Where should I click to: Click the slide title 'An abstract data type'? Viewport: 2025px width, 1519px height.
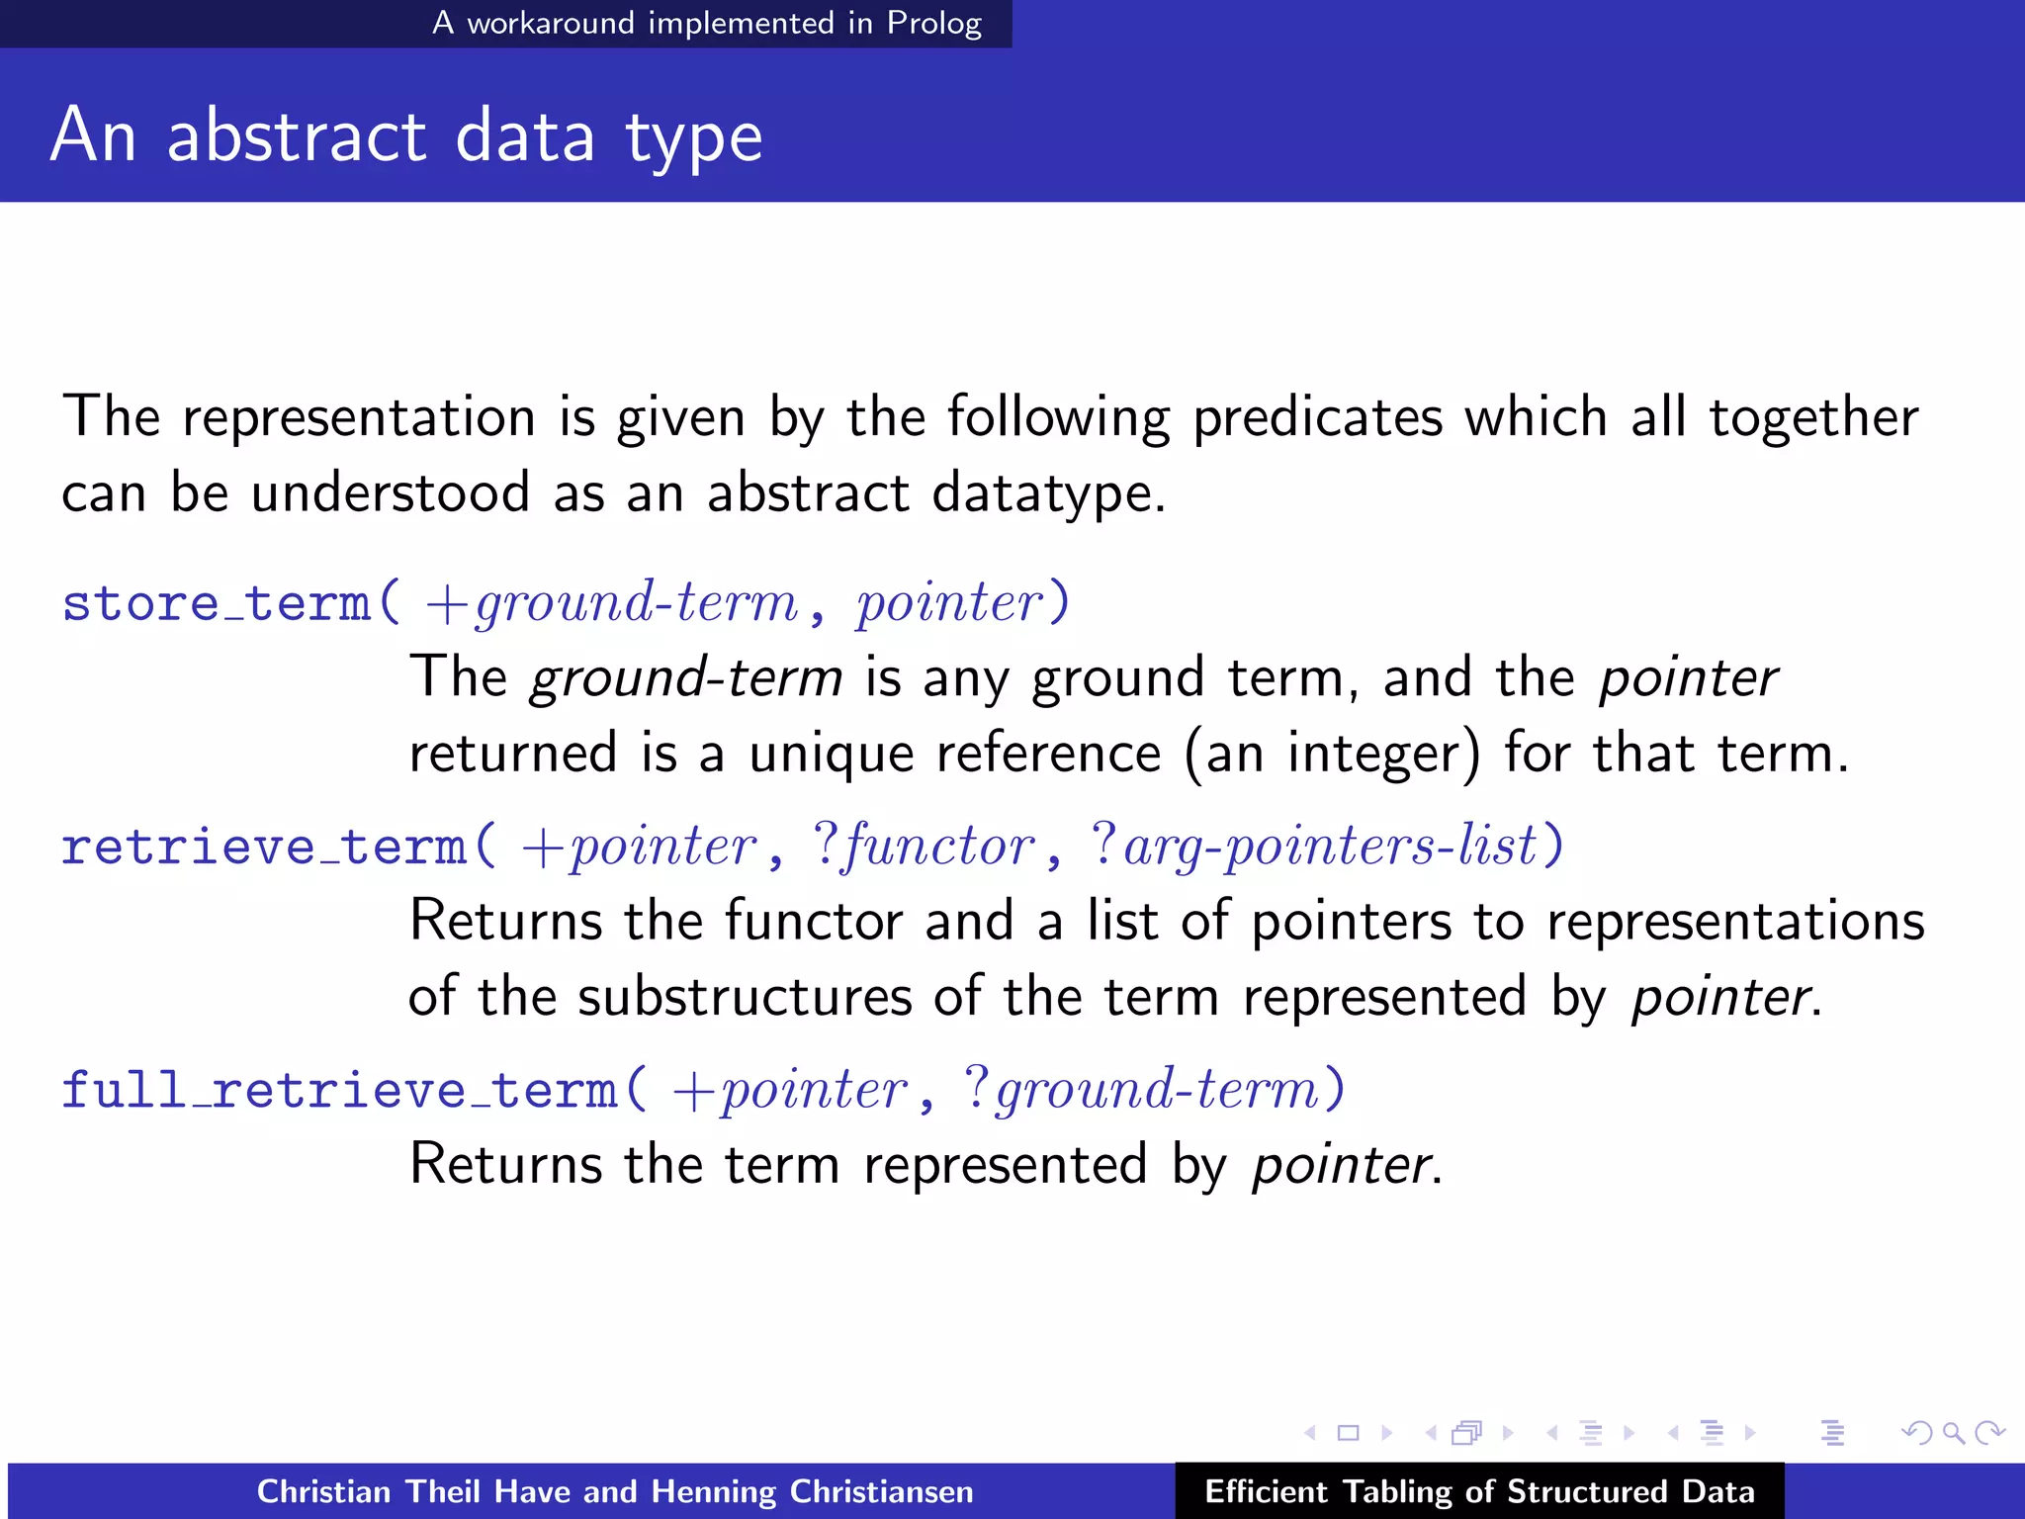tap(405, 136)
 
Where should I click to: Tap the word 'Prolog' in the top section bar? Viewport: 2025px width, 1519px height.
tap(933, 23)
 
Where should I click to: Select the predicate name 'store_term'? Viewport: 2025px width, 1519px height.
tap(216, 603)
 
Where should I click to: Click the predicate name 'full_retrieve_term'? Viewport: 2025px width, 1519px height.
tap(339, 1090)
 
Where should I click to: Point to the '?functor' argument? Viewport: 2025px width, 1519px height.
tap(924, 847)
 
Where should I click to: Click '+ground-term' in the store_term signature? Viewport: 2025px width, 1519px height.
tap(611, 603)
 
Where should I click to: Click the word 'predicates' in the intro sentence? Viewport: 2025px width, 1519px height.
tap(1317, 417)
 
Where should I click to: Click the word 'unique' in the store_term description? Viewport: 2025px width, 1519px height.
tap(831, 754)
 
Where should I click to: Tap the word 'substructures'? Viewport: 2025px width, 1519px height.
tap(745, 997)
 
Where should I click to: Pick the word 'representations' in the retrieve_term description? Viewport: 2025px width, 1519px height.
tap(1735, 922)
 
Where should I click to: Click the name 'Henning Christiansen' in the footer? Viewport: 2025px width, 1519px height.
tap(812, 1491)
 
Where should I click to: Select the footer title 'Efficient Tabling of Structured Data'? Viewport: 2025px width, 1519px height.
tap(1479, 1491)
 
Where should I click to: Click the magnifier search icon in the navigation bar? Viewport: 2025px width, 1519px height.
tap(1953, 1433)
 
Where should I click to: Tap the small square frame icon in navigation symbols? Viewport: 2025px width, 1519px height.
tap(1348, 1433)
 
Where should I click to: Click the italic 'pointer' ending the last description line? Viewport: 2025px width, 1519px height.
tap(1341, 1165)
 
